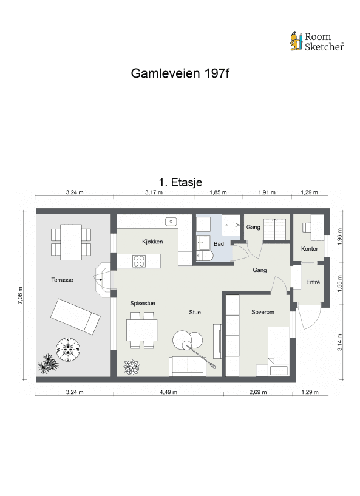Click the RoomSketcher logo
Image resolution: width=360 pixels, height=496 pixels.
pos(316,41)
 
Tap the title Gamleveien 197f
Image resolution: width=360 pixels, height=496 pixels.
pos(180,73)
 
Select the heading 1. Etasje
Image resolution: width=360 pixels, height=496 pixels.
pos(180,182)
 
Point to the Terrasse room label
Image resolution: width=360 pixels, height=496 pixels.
pos(62,280)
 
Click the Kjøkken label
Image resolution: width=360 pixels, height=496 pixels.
pos(152,242)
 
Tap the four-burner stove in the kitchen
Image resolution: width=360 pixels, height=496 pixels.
pos(140,261)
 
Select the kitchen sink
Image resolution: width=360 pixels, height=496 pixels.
pos(171,221)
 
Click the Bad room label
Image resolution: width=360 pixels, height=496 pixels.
pos(219,244)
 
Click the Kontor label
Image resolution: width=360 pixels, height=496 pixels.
pos(309,248)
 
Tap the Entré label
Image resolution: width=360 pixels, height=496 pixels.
pos(313,282)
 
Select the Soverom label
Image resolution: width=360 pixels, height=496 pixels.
pos(263,312)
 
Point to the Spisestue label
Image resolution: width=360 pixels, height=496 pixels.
pos(143,302)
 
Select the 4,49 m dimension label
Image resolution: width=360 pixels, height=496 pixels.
pos(168,392)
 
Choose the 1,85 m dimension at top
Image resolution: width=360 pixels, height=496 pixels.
pos(218,192)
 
